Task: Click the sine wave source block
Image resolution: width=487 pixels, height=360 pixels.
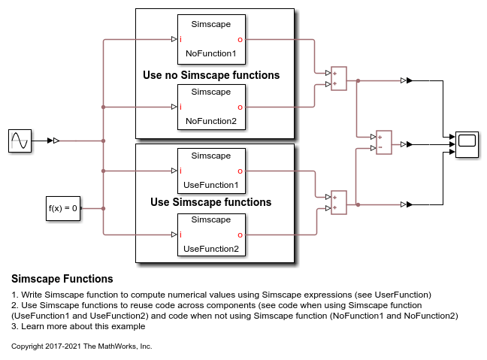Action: pos(20,141)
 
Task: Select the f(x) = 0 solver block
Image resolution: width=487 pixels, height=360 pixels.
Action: pos(62,208)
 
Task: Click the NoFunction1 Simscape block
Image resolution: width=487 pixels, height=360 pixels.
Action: pos(210,39)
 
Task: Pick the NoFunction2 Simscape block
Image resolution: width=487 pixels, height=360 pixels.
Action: pos(210,107)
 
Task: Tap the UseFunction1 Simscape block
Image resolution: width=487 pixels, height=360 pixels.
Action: pos(210,171)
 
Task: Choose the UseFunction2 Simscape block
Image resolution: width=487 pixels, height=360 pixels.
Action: pos(210,234)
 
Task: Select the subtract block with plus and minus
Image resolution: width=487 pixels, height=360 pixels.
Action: pos(384,143)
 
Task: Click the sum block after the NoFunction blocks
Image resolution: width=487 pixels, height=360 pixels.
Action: pos(339,79)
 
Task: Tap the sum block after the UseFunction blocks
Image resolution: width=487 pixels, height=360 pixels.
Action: pos(339,203)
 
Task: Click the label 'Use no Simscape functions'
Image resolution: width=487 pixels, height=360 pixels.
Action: pos(211,75)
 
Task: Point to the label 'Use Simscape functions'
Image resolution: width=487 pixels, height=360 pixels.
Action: pos(210,202)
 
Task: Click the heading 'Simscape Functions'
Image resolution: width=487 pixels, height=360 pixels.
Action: pos(62,279)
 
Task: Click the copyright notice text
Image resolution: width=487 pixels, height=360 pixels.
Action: pos(82,346)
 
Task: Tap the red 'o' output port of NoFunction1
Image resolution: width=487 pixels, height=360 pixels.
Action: pos(240,39)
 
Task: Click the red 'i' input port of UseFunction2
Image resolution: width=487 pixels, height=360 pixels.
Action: pos(181,234)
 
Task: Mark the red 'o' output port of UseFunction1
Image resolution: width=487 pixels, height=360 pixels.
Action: pos(240,171)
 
